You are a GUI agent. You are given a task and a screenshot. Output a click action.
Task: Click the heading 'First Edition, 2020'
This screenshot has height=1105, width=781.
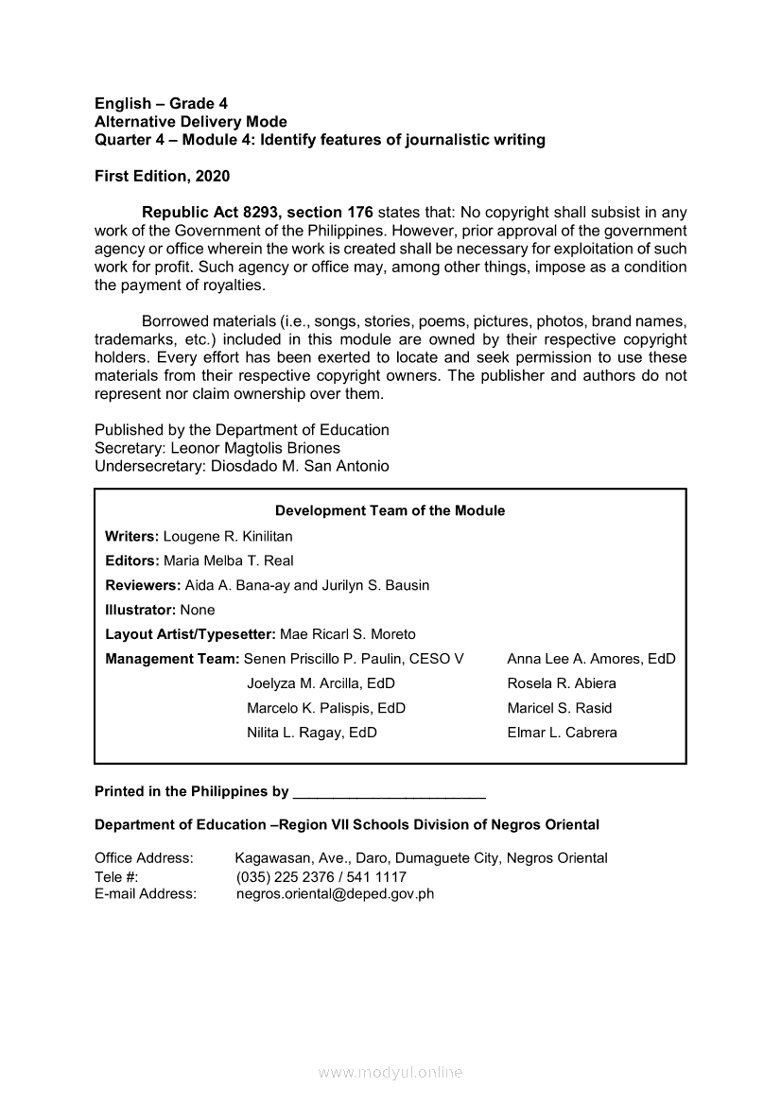pyautogui.click(x=162, y=176)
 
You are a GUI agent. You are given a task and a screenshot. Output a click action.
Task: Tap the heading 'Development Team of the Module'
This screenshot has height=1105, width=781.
pyautogui.click(x=390, y=510)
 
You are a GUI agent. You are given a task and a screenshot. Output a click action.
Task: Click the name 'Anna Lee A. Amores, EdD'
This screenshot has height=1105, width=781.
pyautogui.click(x=591, y=659)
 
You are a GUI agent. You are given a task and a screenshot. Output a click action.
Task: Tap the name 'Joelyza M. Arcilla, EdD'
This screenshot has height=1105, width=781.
pyautogui.click(x=321, y=683)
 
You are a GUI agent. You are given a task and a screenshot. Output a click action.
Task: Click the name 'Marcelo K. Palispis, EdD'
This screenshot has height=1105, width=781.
pyautogui.click(x=326, y=708)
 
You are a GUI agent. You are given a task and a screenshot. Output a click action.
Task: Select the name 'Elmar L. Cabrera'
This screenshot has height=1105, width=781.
pyautogui.click(x=562, y=733)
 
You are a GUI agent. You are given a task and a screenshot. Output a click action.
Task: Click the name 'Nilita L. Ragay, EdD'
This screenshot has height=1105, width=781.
pyautogui.click(x=312, y=733)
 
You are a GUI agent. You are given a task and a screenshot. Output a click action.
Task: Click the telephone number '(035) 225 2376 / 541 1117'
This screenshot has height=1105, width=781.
pyautogui.click(x=321, y=877)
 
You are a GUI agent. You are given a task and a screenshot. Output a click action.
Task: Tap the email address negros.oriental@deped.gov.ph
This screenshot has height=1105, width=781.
pyautogui.click(x=335, y=893)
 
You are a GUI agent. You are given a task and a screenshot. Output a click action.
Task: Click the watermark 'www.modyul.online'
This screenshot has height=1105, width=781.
pyautogui.click(x=390, y=1073)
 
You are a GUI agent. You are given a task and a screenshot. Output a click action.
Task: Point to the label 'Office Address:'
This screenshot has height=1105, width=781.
pyautogui.click(x=144, y=858)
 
